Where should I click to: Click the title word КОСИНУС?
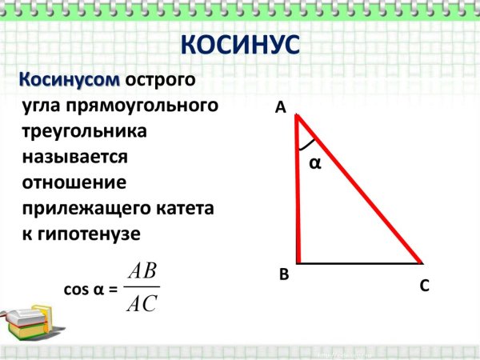pos(240,45)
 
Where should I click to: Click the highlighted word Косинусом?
pos(70,81)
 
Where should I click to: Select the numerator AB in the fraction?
pos(142,272)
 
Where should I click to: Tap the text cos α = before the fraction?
pos(90,289)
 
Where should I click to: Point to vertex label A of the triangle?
pos(280,108)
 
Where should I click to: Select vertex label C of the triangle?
pos(425,285)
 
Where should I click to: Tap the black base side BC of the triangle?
pos(360,262)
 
